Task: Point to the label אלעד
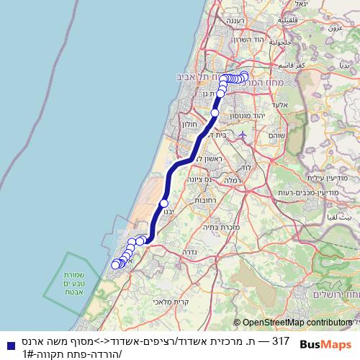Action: (282, 106)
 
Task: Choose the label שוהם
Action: (276, 135)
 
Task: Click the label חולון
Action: (189, 125)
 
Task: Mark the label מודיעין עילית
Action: (309, 178)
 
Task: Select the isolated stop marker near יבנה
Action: (164, 204)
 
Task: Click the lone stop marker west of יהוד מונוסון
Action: (215, 112)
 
